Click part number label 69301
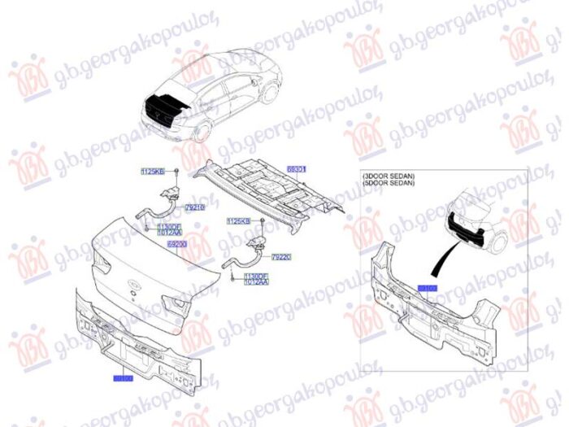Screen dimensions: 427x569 297,170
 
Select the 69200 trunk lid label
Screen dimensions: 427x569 177,243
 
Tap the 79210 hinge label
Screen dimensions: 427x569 195,208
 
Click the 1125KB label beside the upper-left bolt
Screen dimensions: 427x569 152,172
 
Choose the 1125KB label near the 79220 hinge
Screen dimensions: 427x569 238,220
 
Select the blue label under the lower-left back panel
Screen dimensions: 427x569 122,379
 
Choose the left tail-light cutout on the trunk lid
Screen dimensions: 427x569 101,262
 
